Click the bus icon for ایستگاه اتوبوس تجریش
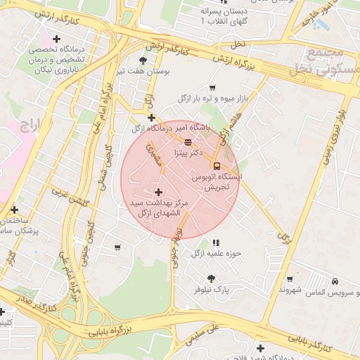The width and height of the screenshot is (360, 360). [x=215, y=166]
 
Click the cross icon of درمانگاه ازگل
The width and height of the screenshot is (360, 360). [x=151, y=117]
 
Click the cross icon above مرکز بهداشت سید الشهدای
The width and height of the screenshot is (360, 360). [x=157, y=192]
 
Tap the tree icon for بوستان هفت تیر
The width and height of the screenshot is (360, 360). [x=143, y=61]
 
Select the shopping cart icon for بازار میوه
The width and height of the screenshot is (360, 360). [x=212, y=88]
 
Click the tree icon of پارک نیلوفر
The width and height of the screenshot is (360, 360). [x=211, y=278]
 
